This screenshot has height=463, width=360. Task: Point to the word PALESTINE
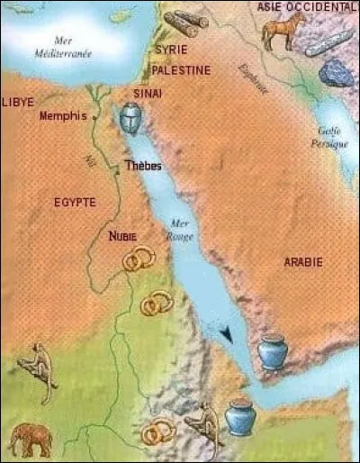coord(181,70)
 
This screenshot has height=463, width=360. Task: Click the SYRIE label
coord(171,50)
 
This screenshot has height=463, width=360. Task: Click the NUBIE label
coord(122,237)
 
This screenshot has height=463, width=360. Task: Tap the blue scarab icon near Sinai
coord(130,116)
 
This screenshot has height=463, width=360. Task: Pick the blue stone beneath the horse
coord(336,74)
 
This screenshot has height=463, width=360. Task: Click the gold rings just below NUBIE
coord(137,262)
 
